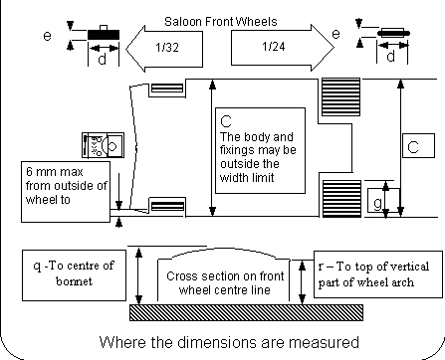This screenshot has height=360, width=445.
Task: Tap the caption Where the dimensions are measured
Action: coord(229,344)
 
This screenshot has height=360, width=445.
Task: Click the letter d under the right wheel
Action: coord(392,57)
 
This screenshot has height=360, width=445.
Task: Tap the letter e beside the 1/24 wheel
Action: coord(335,34)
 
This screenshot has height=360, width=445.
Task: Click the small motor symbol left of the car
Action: coord(105,146)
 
